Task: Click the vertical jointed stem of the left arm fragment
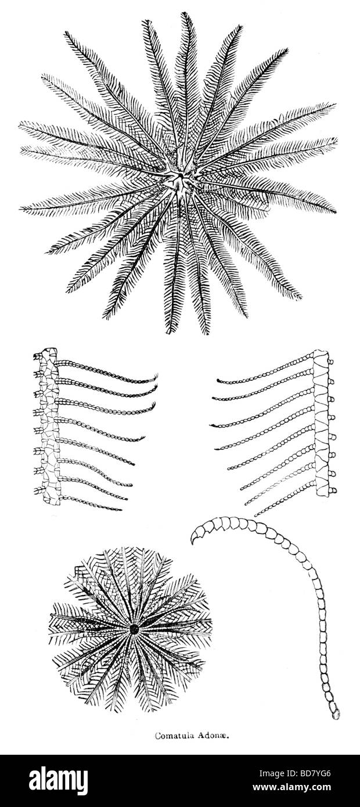pos(50,425)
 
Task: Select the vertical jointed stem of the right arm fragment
pos(322,423)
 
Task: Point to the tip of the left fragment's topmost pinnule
pos(157,374)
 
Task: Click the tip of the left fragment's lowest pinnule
pos(121,510)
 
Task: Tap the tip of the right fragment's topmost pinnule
pos(218,380)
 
